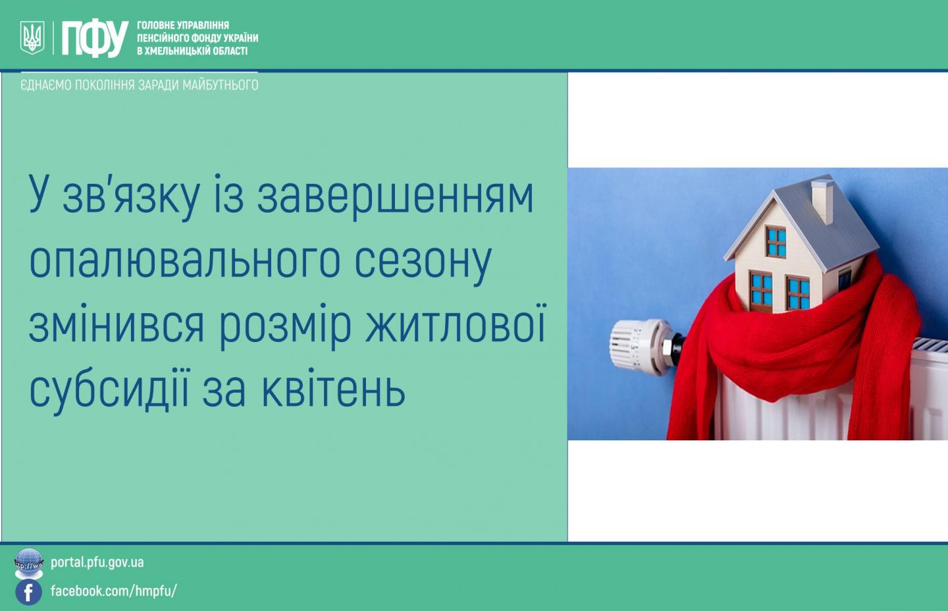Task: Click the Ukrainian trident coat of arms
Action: pyautogui.click(x=32, y=38)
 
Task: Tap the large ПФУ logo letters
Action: pyautogui.click(x=95, y=38)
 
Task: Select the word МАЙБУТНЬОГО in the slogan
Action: pyautogui.click(x=220, y=85)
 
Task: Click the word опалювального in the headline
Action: pyautogui.click(x=184, y=260)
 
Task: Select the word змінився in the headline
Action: pyautogui.click(x=117, y=327)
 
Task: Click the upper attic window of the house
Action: pyautogui.click(x=776, y=242)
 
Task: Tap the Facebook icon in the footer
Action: pyautogui.click(x=28, y=592)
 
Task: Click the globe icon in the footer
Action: pyautogui.click(x=29, y=563)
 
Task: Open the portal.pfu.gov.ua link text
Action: pyautogui.click(x=97, y=563)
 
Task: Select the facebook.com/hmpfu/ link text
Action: pyautogui.click(x=113, y=591)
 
